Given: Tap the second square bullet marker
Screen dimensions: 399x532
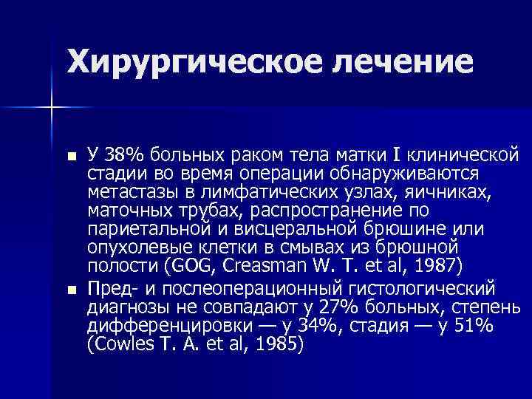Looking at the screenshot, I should click(x=70, y=287).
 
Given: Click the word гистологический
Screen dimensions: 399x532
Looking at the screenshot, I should click(x=425, y=287).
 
